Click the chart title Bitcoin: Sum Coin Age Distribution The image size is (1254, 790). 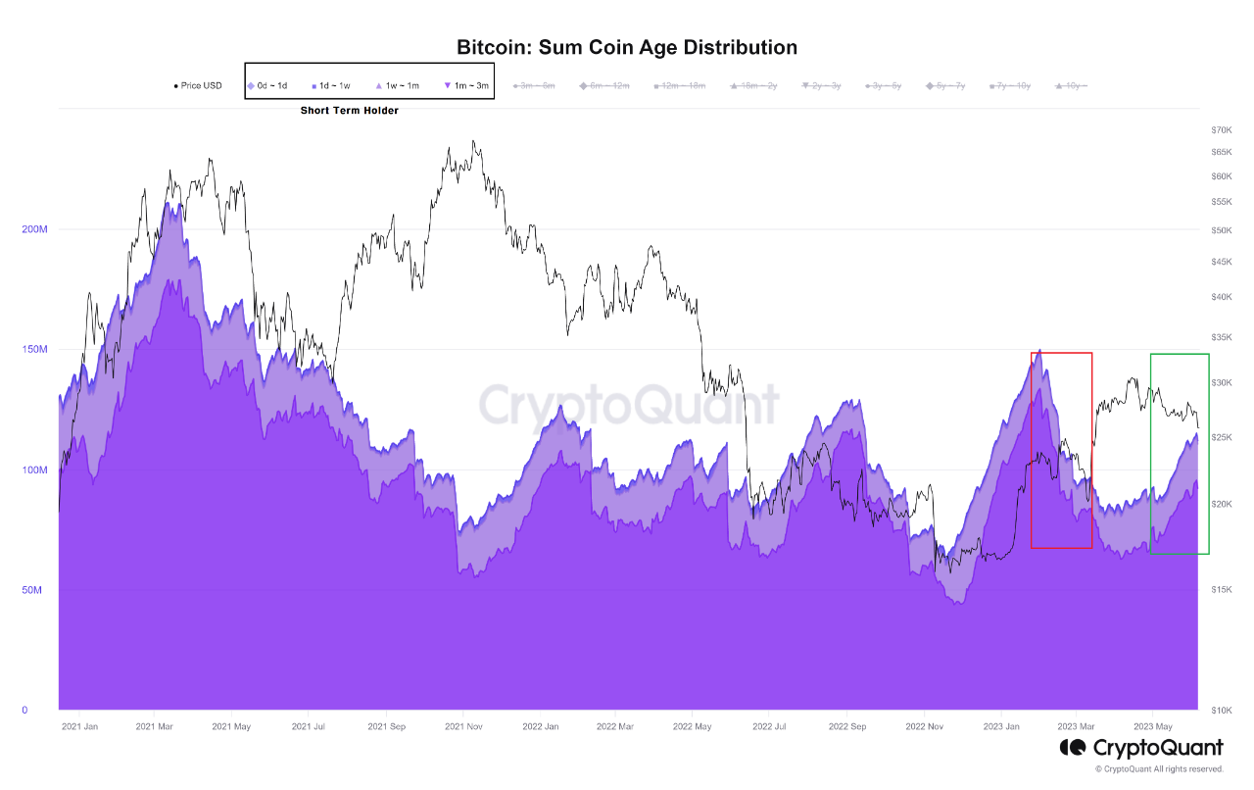[x=627, y=47]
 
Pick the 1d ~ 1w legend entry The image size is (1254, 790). [x=334, y=85]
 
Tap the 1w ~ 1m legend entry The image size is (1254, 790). [x=401, y=85]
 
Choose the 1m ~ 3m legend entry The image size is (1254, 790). [x=469, y=85]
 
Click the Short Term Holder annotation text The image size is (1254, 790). [x=349, y=111]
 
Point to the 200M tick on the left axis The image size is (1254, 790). [x=34, y=229]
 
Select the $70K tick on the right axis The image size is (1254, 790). [x=1221, y=130]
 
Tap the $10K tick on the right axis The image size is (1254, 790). [x=1221, y=711]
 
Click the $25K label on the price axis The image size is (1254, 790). [x=1221, y=437]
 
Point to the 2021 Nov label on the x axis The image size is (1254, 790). [x=463, y=727]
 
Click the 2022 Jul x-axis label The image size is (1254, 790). [x=769, y=727]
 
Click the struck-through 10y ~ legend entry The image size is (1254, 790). [x=1072, y=86]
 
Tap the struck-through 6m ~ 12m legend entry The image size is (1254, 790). [x=607, y=86]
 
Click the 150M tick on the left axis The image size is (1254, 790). [x=34, y=350]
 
